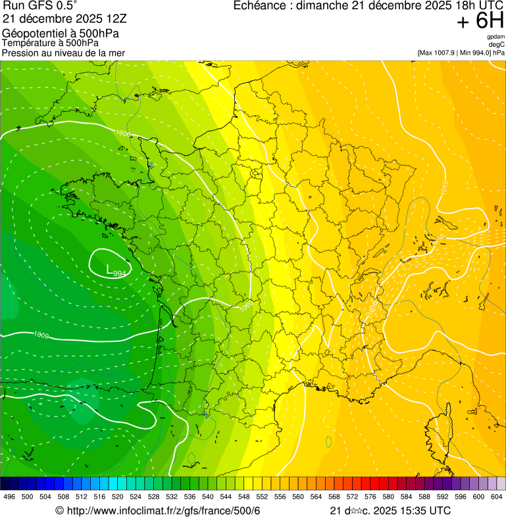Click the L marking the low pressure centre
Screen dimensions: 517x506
(109, 268)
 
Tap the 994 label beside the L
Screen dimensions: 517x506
(119, 273)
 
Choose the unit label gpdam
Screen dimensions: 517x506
(495, 37)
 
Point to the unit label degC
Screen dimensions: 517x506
(497, 45)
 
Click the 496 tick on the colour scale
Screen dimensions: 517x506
(9, 497)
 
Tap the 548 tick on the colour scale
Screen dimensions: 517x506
(244, 497)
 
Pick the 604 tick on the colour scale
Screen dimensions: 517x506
(497, 497)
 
